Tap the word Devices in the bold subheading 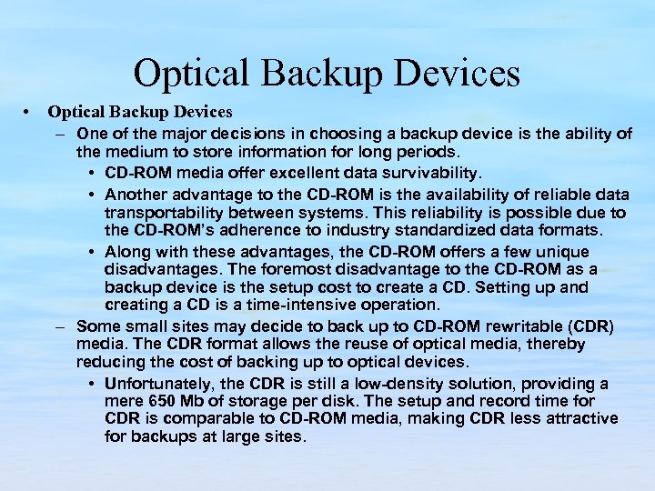(x=201, y=112)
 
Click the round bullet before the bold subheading (x=30, y=112)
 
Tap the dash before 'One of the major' (x=59, y=134)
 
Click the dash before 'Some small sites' (x=59, y=326)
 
